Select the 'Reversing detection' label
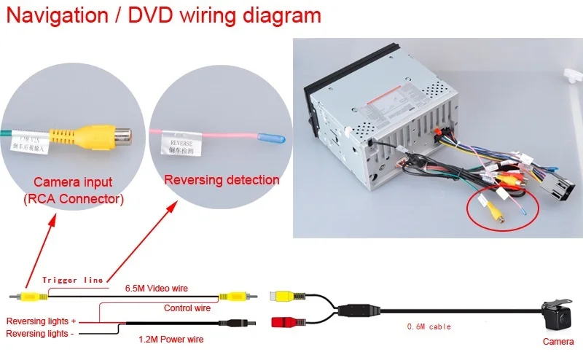point(222,179)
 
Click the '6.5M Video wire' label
point(157,289)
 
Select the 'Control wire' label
point(187,308)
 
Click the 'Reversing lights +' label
point(41,321)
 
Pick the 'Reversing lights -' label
point(40,333)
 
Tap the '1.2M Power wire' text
point(171,339)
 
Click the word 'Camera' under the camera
point(557,341)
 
